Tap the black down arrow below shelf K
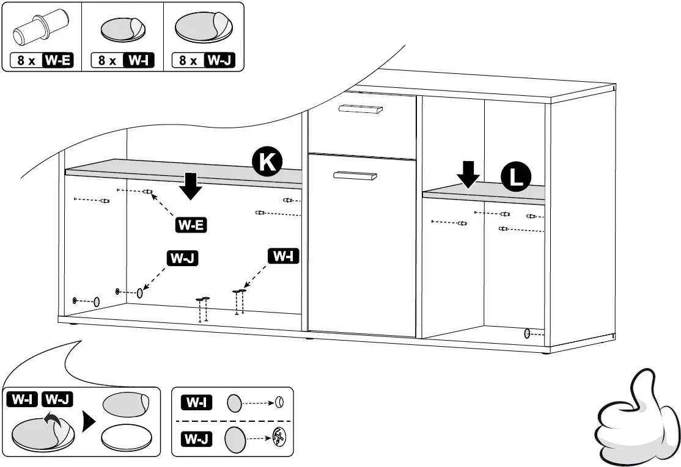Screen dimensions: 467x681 [x=191, y=186]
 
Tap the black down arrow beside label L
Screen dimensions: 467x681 [x=469, y=174]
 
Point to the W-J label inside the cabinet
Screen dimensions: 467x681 [x=183, y=258]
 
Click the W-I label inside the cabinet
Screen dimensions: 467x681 [x=283, y=256]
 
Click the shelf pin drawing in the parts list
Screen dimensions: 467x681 [x=40, y=28]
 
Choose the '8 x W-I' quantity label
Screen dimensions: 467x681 [x=123, y=61]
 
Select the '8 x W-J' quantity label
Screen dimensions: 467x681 [x=204, y=61]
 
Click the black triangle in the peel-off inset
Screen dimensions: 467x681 [x=89, y=421]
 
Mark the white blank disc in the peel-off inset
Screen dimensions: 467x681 [x=127, y=438]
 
